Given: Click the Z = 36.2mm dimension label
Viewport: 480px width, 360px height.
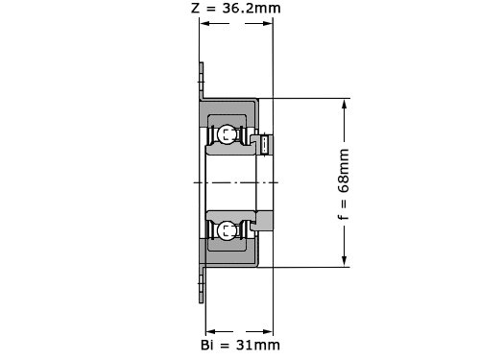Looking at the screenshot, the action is [236, 8].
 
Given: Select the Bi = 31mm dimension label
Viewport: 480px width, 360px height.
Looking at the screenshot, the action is [240, 345].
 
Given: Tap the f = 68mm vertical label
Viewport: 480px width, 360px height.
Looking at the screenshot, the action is [344, 184].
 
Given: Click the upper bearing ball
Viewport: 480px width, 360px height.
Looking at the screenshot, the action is [227, 134].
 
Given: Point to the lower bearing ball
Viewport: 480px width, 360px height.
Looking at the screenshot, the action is [227, 230].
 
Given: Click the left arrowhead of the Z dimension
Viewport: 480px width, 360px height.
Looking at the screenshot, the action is [204, 23].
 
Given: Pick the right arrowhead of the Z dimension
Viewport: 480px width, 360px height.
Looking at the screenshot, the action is [268, 23].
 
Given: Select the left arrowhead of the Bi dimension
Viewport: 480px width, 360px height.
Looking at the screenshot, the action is [210, 331].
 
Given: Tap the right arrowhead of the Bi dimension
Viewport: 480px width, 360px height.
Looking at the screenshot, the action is [268, 331].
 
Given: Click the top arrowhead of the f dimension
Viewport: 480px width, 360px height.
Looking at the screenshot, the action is [345, 104].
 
